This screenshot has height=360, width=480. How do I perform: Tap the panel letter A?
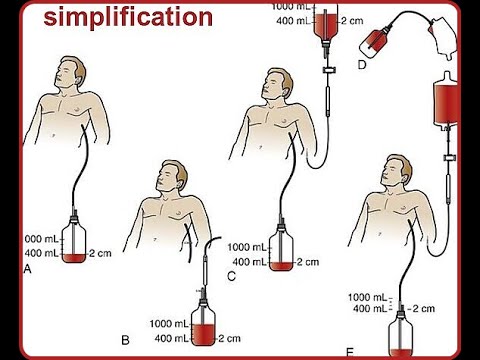coord(27,270)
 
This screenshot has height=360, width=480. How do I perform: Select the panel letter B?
coord(125,341)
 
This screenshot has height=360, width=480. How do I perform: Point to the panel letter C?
coord(232,276)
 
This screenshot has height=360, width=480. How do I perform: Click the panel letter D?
coord(361,64)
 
